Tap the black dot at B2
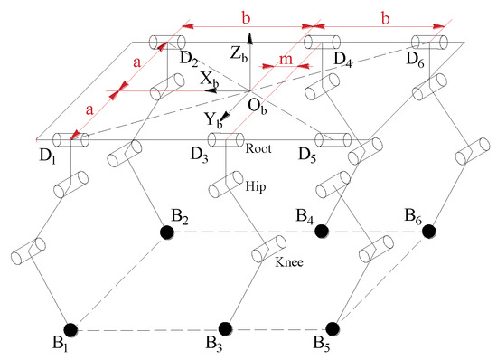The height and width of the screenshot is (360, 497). pyautogui.click(x=167, y=232)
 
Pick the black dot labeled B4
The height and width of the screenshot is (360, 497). pyautogui.click(x=321, y=232)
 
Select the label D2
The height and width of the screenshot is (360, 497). pyautogui.click(x=188, y=59)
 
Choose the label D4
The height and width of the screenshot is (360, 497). pyautogui.click(x=342, y=59)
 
